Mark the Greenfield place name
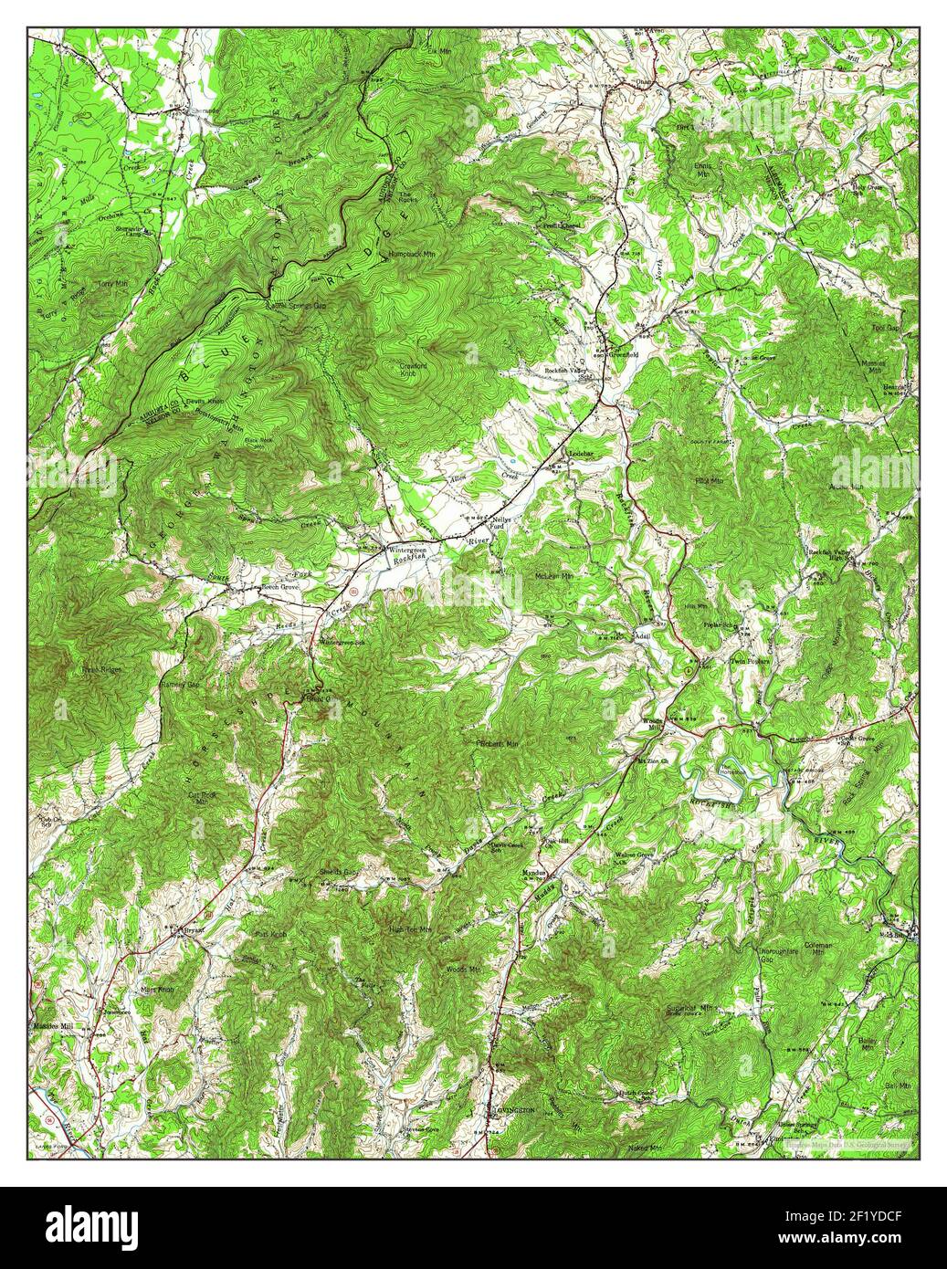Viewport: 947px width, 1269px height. pos(634,354)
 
